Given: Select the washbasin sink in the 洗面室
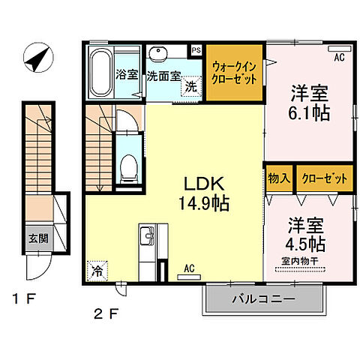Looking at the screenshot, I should tap(159, 55).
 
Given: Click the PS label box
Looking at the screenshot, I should tap(196, 51).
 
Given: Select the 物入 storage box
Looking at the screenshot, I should tap(278, 178).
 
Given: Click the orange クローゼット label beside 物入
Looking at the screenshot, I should tap(325, 178).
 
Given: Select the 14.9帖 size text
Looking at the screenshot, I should tap(204, 202).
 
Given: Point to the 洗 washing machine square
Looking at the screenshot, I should tap(191, 87).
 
